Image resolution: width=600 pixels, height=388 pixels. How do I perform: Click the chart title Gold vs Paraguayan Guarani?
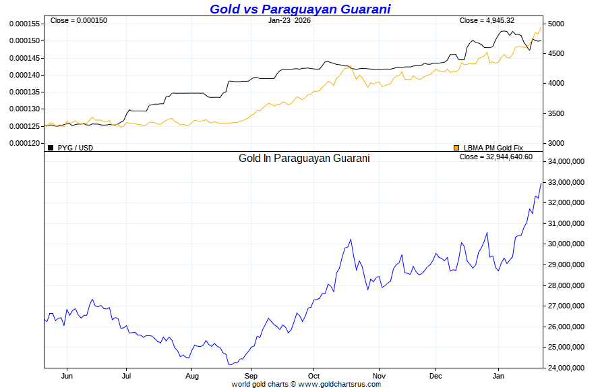(x=300, y=9)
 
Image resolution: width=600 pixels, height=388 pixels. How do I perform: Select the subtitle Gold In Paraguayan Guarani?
(x=304, y=158)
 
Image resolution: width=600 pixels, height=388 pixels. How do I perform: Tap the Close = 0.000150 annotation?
(x=79, y=20)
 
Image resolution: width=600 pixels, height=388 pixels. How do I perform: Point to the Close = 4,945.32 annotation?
(x=487, y=20)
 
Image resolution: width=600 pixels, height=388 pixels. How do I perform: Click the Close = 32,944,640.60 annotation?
(x=496, y=157)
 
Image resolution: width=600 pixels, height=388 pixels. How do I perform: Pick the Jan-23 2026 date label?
(x=289, y=20)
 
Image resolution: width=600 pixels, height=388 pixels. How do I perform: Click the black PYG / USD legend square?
(x=51, y=147)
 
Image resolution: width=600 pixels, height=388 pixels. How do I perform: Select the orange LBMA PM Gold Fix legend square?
(x=456, y=147)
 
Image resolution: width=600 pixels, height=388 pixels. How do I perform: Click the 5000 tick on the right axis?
(x=556, y=24)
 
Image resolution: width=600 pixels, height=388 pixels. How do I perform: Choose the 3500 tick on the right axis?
(x=556, y=113)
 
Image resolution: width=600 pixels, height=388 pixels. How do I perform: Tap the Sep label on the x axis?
(x=251, y=376)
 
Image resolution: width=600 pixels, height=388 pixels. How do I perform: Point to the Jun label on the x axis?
(x=67, y=376)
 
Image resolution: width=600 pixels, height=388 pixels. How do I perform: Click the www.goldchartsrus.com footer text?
(x=339, y=384)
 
